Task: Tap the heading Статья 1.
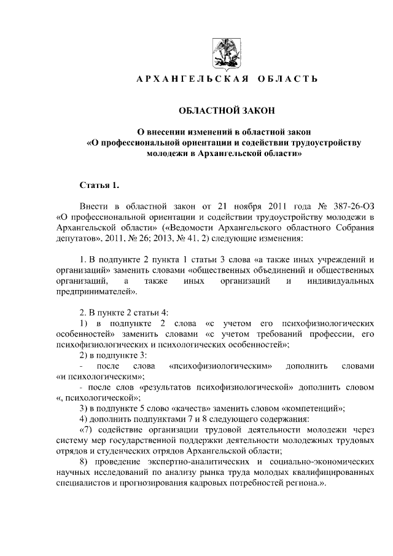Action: point(99,184)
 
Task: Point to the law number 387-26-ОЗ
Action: point(350,205)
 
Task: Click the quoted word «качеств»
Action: point(206,408)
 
